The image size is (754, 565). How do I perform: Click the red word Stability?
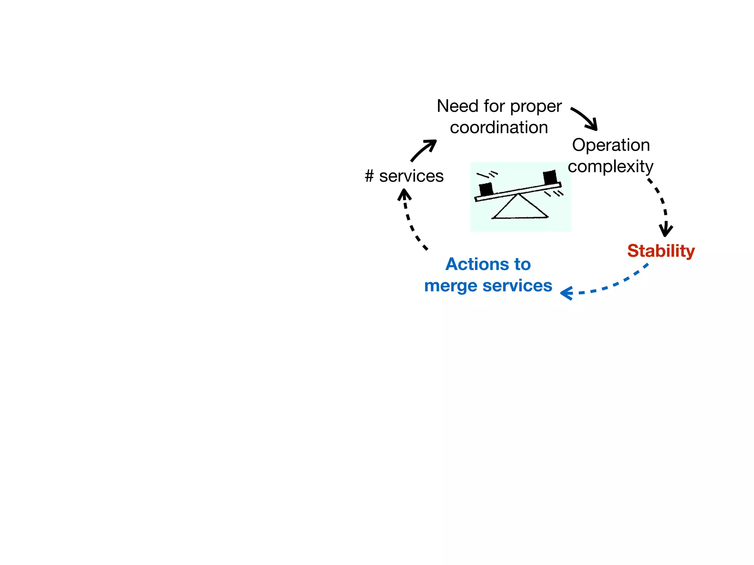point(661,251)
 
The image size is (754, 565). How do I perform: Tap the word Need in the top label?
point(458,106)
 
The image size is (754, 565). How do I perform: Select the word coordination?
point(499,128)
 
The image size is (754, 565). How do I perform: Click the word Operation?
point(611,145)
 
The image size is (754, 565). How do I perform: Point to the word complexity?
point(610,167)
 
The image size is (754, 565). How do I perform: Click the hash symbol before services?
point(369,176)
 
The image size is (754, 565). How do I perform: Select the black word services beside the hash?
point(411,176)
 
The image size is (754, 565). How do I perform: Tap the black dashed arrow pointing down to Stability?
point(661,206)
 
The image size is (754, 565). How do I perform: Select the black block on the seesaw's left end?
point(486,189)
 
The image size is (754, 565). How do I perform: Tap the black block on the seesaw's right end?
point(550,177)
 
